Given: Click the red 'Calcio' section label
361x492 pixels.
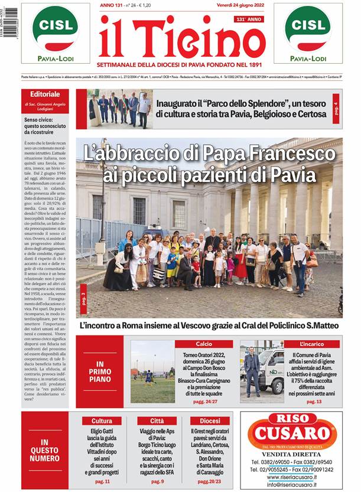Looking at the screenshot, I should coord(204,344).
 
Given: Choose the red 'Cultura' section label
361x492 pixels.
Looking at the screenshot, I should coord(102,421).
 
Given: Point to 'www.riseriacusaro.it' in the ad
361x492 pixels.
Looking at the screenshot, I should coord(292,476).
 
